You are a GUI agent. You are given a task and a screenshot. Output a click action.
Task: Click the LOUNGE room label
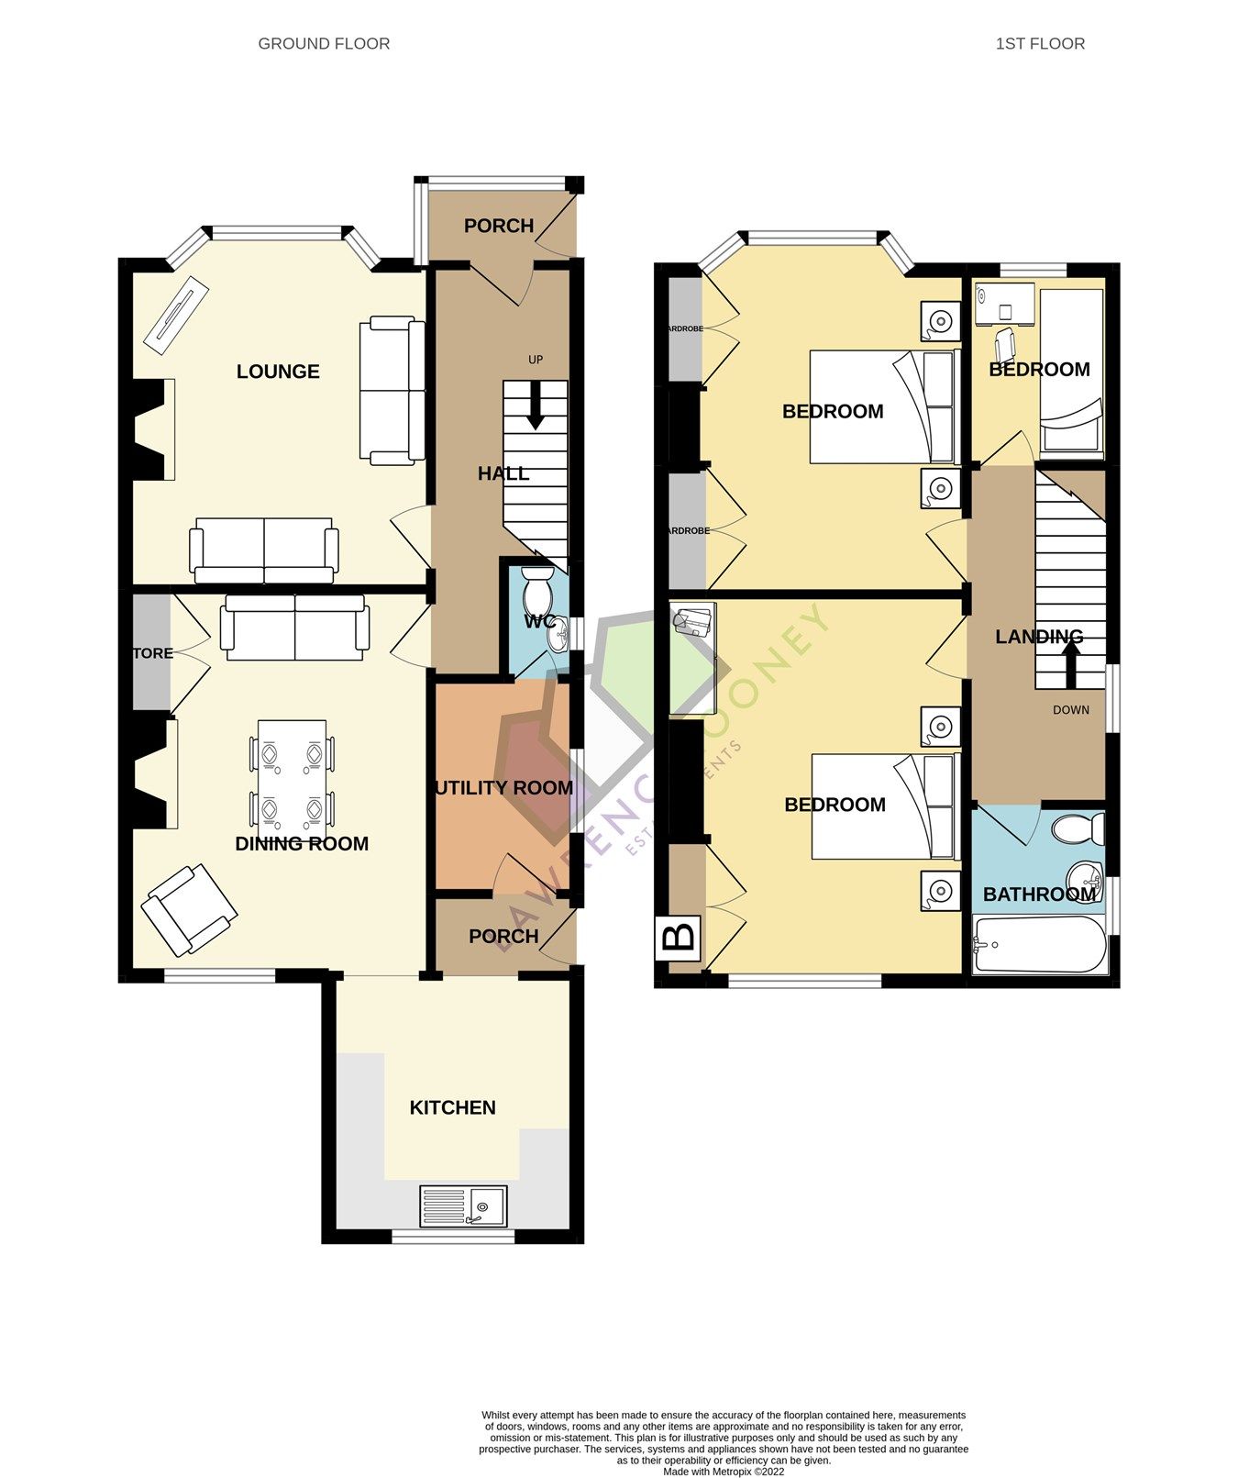point(278,372)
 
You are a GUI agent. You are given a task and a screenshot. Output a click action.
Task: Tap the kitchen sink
point(463,1206)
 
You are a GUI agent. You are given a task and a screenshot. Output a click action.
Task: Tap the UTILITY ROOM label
point(503,788)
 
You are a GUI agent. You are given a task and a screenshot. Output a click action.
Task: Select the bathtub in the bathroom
point(1038,944)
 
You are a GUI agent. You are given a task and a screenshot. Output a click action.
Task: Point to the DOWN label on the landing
point(1070,709)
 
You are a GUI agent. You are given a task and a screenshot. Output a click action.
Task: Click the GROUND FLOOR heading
point(324,43)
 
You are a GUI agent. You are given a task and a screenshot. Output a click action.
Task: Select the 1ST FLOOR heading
point(1040,43)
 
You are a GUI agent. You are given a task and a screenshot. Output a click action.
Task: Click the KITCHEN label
point(452,1107)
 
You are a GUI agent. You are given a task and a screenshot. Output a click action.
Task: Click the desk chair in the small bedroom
point(1006,344)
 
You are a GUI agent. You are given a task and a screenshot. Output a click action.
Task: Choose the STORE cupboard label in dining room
point(152,653)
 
